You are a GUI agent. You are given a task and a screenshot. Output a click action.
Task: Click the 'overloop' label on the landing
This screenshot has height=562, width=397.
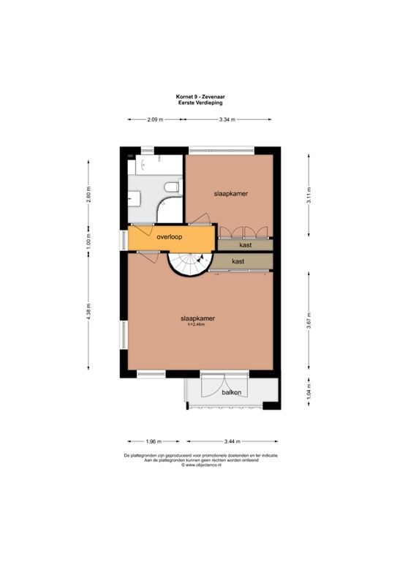click(169, 236)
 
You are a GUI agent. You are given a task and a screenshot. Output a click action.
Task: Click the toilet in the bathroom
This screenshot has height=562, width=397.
click(172, 188)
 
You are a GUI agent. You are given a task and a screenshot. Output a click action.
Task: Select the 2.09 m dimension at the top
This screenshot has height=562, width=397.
click(154, 119)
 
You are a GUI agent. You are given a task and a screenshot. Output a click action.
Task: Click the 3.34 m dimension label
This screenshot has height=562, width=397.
click(227, 119)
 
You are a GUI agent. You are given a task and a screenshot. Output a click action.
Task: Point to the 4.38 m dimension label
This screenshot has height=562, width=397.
click(88, 312)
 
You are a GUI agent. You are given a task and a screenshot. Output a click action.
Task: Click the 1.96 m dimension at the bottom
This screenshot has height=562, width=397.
click(154, 441)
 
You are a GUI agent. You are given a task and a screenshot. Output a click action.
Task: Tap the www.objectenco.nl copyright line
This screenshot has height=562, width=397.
click(199, 464)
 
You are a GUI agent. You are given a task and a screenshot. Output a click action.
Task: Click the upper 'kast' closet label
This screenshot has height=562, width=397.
click(246, 245)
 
